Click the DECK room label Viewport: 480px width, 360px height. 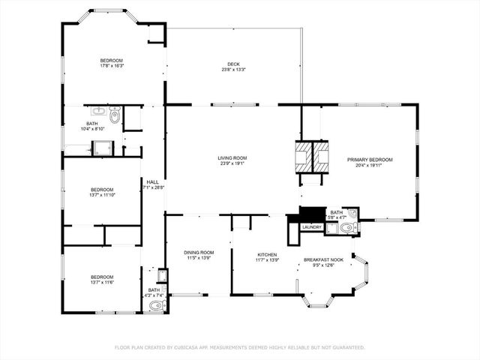click(x=233, y=64)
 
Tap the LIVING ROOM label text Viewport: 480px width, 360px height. click(x=232, y=157)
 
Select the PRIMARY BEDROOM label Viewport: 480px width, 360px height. click(x=370, y=160)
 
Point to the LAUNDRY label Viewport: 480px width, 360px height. click(x=311, y=226)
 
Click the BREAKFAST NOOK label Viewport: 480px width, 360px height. click(x=323, y=259)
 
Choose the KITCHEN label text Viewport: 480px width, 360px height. click(x=268, y=255)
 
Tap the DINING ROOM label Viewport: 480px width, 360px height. click(x=199, y=253)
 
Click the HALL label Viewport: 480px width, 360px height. click(x=152, y=181)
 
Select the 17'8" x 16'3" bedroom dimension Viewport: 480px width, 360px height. click(x=112, y=66)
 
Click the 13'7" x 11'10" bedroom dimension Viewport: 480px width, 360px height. click(x=102, y=195)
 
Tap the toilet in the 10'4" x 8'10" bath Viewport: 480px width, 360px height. click(x=114, y=115)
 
